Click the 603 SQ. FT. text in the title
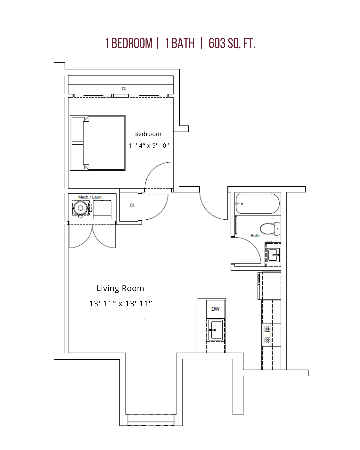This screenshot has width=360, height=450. [232, 43]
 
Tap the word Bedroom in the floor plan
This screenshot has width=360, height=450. [148, 134]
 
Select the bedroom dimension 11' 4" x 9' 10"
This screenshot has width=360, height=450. [149, 146]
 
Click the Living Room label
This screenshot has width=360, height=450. [120, 288]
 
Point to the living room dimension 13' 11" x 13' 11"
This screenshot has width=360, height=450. [120, 303]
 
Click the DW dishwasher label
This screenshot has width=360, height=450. [215, 309]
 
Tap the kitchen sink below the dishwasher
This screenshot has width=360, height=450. [216, 330]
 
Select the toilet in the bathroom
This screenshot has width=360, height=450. [270, 229]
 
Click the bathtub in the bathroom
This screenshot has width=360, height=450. [258, 204]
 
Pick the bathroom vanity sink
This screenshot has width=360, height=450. [273, 255]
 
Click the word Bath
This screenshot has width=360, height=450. [255, 236]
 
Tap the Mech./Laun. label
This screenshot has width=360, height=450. [90, 197]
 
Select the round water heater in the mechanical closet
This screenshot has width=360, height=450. [80, 208]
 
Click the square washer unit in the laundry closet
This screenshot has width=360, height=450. [102, 210]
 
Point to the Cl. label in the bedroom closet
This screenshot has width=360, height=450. [124, 89]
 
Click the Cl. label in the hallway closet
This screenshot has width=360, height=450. [132, 205]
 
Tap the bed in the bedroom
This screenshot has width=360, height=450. [98, 143]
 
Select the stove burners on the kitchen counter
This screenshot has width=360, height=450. [267, 335]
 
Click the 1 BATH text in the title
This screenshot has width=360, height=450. [180, 43]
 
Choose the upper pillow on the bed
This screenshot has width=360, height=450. [78, 129]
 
